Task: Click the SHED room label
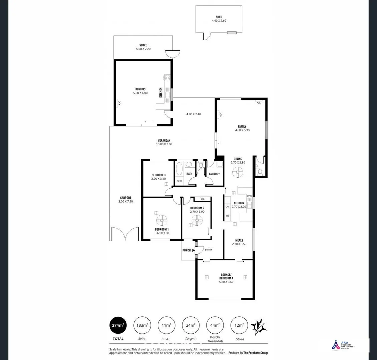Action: pyautogui.click(x=219, y=17)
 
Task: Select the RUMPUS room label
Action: pyautogui.click(x=140, y=89)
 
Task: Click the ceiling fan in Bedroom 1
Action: pyautogui.click(x=161, y=219)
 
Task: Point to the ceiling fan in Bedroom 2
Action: pyautogui.click(x=197, y=219)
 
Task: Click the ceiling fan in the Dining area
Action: pyautogui.click(x=238, y=172)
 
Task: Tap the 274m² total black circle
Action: pyautogui.click(x=118, y=325)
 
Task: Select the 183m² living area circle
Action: pyautogui.click(x=142, y=325)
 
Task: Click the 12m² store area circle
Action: pyautogui.click(x=239, y=325)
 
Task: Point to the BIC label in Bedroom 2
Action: pyautogui.click(x=203, y=199)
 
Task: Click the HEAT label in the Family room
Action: pyautogui.click(x=221, y=114)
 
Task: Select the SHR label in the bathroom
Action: pyautogui.click(x=179, y=181)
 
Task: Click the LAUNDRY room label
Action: pyautogui.click(x=214, y=174)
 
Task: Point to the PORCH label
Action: pyautogui.click(x=186, y=250)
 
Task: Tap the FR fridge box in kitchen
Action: pyautogui.click(x=228, y=216)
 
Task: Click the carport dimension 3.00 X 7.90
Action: pyautogui.click(x=126, y=202)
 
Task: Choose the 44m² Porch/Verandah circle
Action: pyautogui.click(x=215, y=325)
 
